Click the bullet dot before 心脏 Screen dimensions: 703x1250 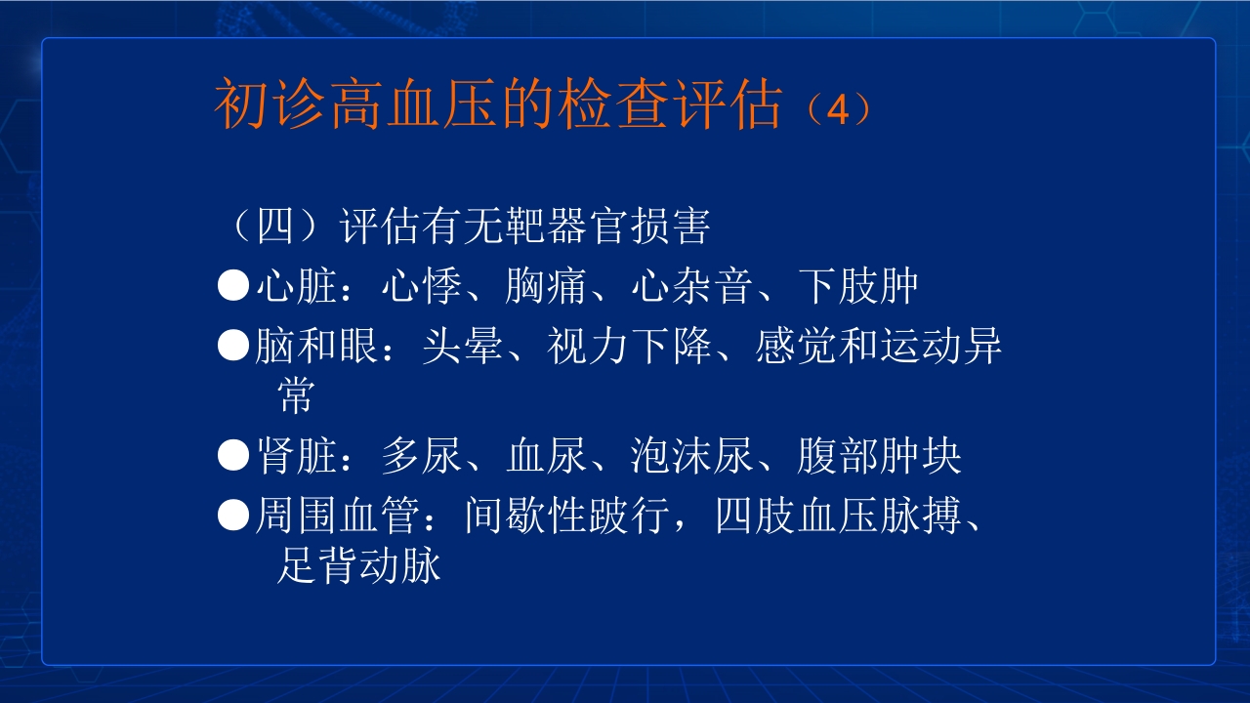pyautogui.click(x=233, y=286)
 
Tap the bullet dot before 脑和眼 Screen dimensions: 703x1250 pyautogui.click(x=233, y=346)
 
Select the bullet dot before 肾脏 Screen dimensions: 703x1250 pyautogui.click(x=233, y=455)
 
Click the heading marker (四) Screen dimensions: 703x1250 pyautogui.click(x=276, y=227)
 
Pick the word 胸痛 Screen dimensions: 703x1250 pyautogui.click(x=546, y=286)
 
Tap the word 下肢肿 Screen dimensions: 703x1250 pyautogui.click(x=858, y=286)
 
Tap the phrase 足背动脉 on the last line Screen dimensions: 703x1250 pyautogui.click(x=358, y=565)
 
